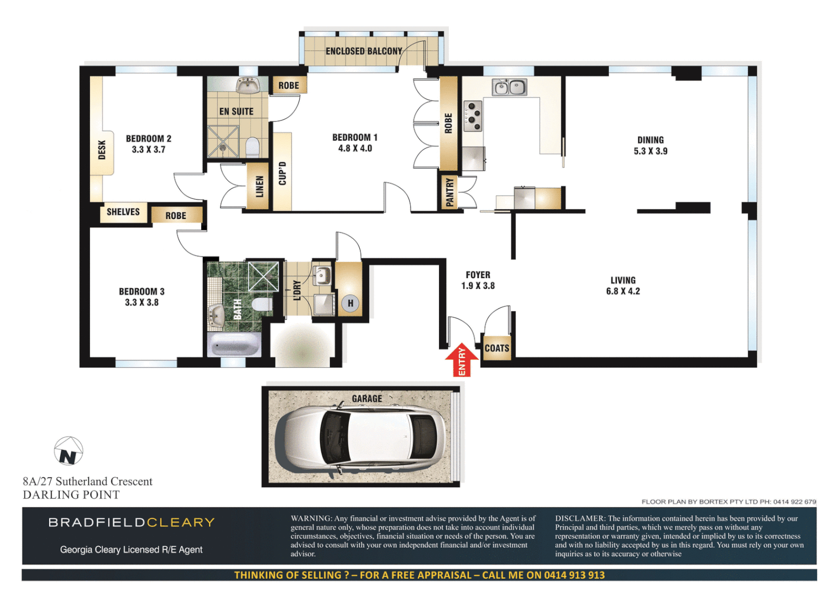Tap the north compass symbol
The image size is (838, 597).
coord(69,451)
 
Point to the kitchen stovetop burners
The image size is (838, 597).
coord(473,116)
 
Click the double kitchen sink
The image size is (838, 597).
coord(510,87)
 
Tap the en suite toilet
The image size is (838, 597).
coord(252,147)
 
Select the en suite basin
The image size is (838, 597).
coord(248,86)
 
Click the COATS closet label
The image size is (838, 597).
coord(496,348)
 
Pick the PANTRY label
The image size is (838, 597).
coord(449,192)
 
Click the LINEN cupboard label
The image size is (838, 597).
coord(259,187)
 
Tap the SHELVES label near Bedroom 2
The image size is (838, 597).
coord(123,212)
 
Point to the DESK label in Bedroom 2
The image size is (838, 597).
coord(102,150)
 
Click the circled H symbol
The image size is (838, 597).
coord(350,303)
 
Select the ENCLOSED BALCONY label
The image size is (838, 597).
coord(364,51)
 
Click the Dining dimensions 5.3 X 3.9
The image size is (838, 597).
coord(650,151)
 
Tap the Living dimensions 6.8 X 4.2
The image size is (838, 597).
coord(623,291)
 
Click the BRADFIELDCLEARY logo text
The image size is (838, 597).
coord(132,522)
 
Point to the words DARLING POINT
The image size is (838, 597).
coord(71,495)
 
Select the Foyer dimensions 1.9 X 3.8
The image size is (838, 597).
coord(478,286)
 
